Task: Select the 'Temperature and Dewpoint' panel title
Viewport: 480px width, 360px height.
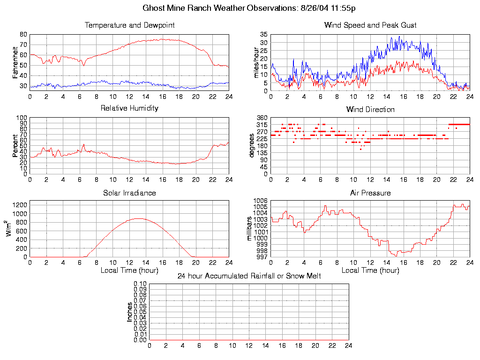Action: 129,25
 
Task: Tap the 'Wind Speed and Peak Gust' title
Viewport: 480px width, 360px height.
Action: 370,25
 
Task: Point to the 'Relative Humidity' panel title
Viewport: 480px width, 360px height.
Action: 129,108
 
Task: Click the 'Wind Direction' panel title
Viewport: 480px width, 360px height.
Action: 370,110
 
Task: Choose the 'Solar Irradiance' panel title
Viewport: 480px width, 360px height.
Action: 129,193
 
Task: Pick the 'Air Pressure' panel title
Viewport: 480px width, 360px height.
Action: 370,193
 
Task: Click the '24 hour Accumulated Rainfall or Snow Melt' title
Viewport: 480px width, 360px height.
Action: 249,276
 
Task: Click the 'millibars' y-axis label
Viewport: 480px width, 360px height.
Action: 250,228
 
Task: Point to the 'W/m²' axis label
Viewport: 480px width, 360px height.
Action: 10,228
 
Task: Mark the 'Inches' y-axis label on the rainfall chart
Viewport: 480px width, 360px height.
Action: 129,312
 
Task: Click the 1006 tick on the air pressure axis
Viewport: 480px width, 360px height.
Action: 261,201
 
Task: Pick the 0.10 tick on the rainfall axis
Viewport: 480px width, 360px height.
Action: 140,284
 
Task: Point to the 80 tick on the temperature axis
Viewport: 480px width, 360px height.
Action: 23,35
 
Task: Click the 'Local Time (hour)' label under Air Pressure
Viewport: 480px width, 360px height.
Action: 370,270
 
